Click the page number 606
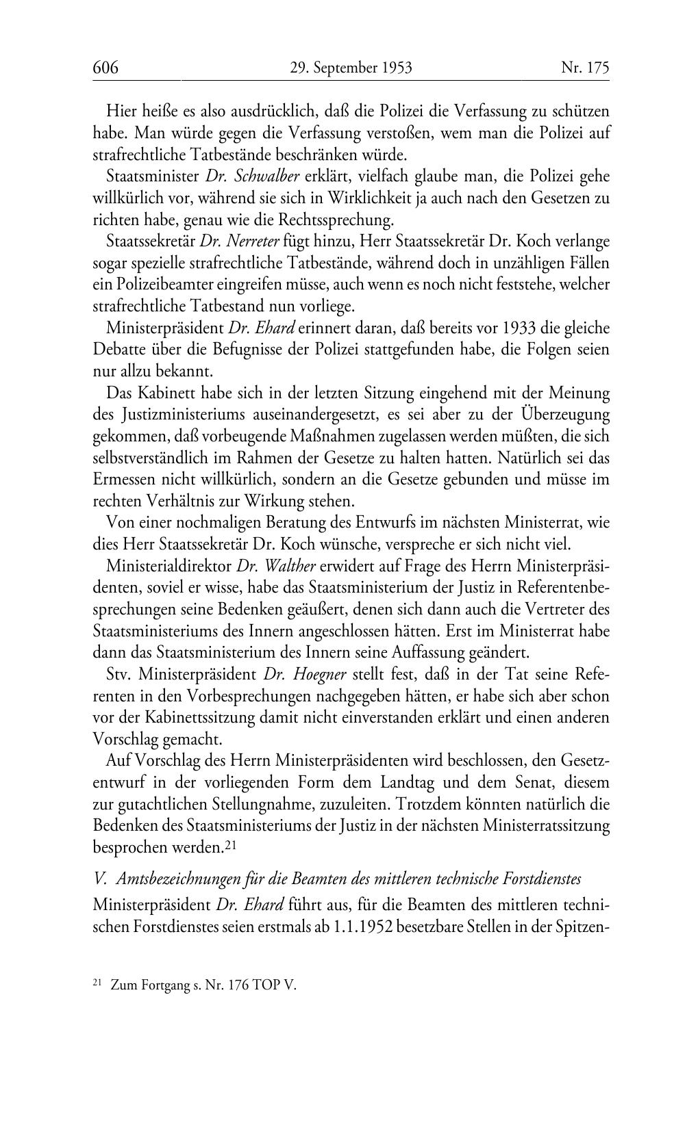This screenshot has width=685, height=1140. (106, 68)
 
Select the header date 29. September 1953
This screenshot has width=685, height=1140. (351, 68)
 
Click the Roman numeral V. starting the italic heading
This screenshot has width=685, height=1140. (100, 878)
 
